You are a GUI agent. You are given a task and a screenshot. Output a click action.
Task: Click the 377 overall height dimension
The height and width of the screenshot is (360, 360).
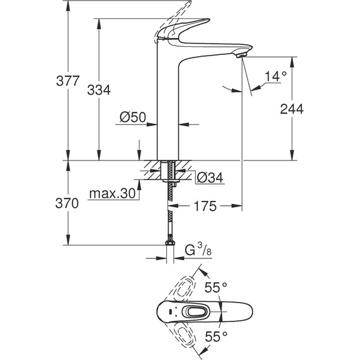68,81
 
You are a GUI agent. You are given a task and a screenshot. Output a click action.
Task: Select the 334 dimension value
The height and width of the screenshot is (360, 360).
99,90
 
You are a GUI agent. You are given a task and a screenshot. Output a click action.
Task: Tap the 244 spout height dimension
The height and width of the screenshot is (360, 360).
292,109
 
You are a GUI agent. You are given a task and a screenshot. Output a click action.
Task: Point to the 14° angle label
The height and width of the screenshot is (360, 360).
275,76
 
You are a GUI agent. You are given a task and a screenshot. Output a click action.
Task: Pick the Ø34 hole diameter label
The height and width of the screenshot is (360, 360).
209,178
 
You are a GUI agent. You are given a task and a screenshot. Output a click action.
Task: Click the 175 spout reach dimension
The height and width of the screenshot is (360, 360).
205,207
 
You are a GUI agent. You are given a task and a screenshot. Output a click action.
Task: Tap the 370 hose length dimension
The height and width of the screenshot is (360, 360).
68,203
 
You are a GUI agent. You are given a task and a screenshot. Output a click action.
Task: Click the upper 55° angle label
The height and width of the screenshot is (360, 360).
215,287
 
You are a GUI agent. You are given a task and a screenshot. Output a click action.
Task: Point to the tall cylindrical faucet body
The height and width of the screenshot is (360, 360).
168,107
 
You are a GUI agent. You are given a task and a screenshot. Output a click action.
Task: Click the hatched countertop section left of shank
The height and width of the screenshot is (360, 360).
152,170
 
